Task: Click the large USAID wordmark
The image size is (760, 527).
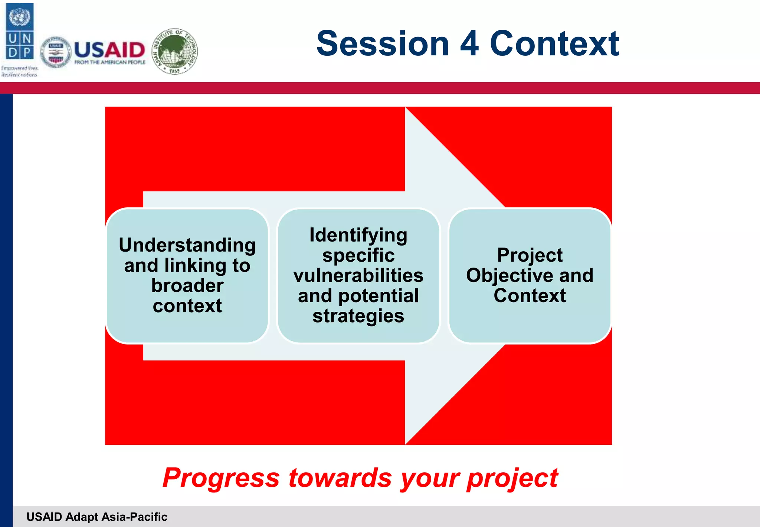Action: pos(109,49)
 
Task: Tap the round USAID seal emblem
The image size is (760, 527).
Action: pos(56,52)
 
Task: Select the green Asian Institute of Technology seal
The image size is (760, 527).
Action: pos(175,51)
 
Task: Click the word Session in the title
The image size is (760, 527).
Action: pos(383,44)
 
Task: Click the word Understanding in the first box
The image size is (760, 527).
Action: pos(187,245)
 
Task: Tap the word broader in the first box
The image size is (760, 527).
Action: pos(187,285)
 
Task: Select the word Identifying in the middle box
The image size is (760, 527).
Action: pos(358,235)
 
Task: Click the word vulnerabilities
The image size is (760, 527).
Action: pos(358,275)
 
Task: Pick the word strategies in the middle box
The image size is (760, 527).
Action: pos(358,316)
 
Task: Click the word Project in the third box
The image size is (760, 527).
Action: pos(530,255)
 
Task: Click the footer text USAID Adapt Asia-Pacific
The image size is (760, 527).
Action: pos(97,517)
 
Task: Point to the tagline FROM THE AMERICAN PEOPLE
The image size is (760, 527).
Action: pos(110,62)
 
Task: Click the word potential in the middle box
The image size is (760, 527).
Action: pos(378,296)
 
